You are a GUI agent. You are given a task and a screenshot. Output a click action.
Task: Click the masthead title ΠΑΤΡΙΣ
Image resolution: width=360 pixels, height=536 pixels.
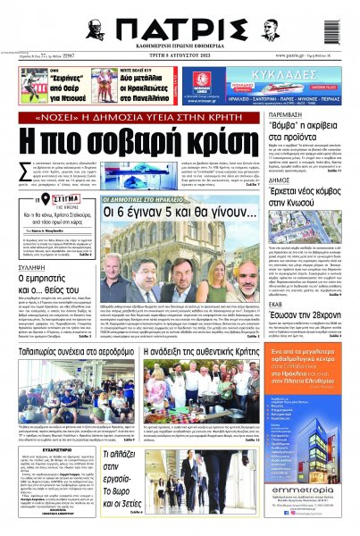click(x=180, y=28)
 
